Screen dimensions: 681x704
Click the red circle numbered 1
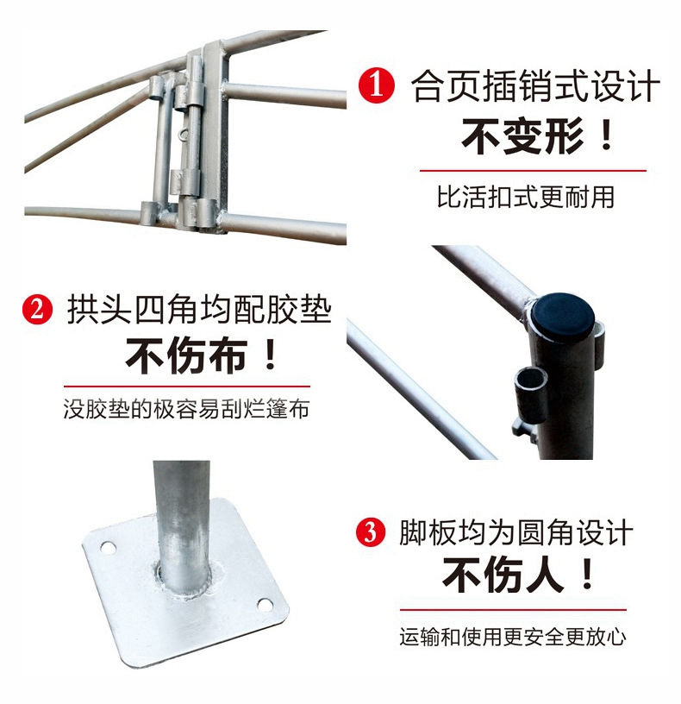pyautogui.click(x=377, y=85)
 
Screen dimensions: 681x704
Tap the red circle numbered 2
pyautogui.click(x=38, y=310)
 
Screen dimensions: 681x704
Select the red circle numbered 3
pyautogui.click(x=371, y=532)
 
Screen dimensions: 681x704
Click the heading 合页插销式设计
pyautogui.click(x=535, y=85)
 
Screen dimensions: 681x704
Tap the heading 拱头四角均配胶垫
pyautogui.click(x=199, y=310)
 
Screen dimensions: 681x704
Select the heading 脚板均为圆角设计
pyautogui.click(x=516, y=532)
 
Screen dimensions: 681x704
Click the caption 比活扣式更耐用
pyautogui.click(x=526, y=197)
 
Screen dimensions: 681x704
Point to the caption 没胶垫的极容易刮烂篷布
pyautogui.click(x=186, y=409)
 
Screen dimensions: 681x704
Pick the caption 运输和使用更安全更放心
pyautogui.click(x=513, y=637)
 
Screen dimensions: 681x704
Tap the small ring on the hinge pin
pyautogui.click(x=182, y=134)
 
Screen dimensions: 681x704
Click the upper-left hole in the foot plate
pyautogui.click(x=108, y=548)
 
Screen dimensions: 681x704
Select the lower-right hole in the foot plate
pyautogui.click(x=265, y=605)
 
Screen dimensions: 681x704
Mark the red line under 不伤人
pyautogui.click(x=513, y=610)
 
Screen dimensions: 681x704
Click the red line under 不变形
pyautogui.click(x=533, y=171)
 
